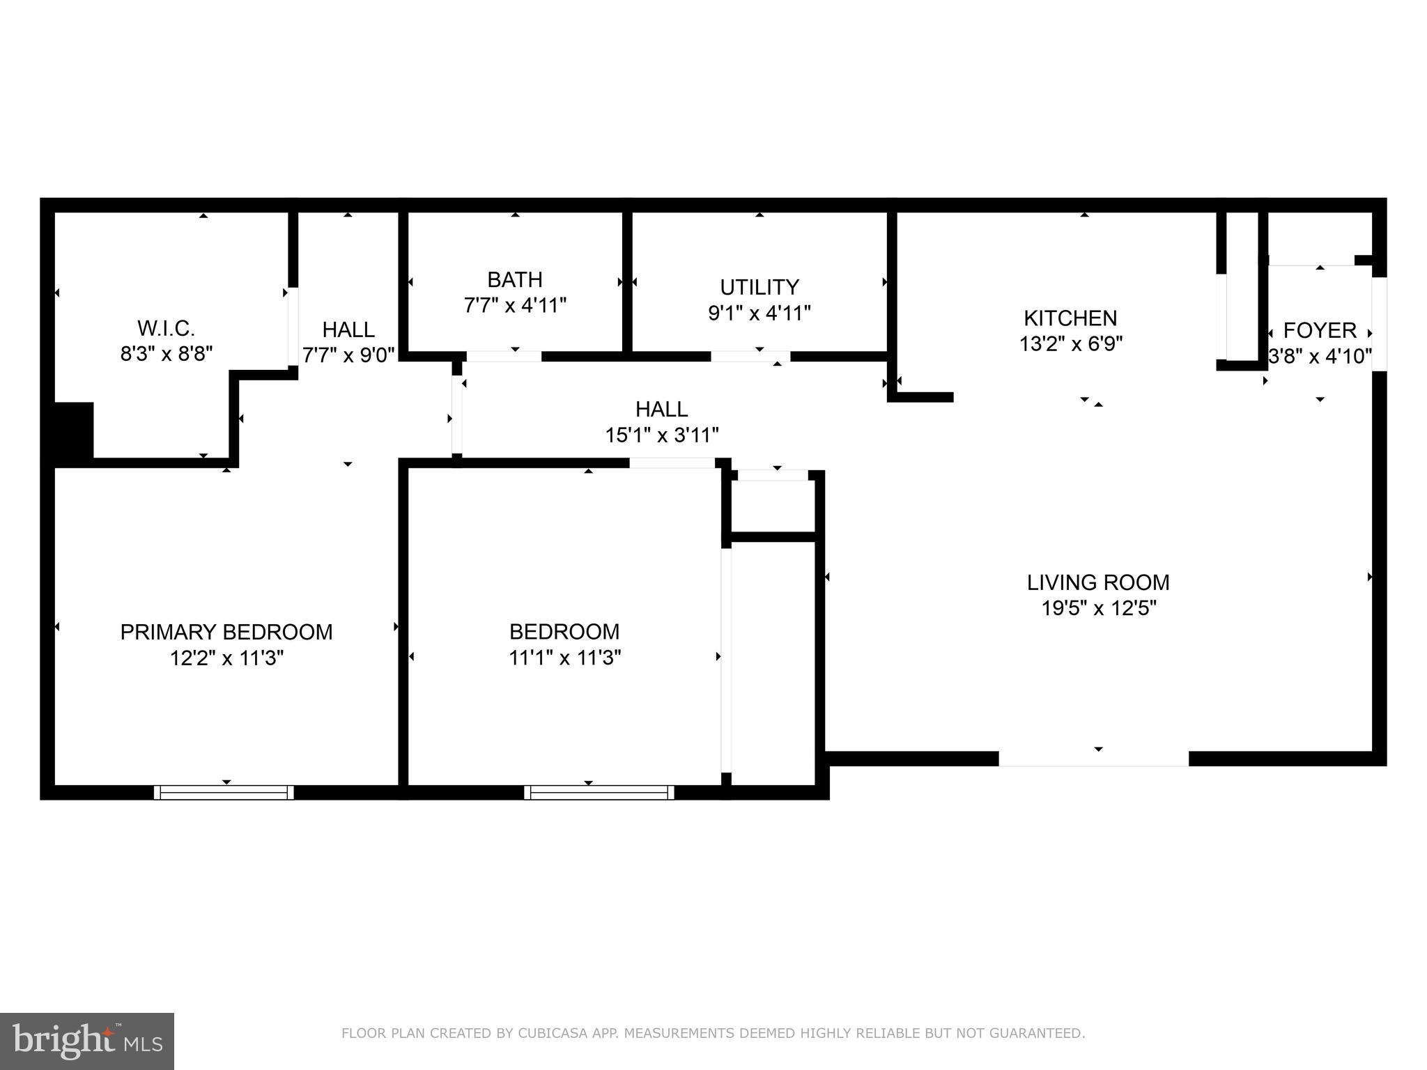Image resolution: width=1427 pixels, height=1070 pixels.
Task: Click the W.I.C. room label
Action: point(166,328)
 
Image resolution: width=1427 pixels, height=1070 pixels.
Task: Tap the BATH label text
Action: point(514,279)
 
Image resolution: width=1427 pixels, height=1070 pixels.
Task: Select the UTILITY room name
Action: point(759,287)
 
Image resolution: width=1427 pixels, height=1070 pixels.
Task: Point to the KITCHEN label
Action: point(1070,318)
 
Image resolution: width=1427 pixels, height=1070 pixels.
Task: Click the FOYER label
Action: point(1320,330)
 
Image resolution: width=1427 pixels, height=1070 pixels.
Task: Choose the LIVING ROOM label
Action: point(1098,582)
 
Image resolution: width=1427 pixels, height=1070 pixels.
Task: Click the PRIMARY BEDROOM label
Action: point(226,632)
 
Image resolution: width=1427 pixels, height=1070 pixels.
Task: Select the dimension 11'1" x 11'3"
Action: point(564,658)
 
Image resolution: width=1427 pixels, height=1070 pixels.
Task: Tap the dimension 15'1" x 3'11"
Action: point(661,435)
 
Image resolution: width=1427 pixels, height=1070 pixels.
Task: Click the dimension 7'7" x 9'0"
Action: point(348,354)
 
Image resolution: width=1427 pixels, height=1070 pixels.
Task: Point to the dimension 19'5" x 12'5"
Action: point(1098,608)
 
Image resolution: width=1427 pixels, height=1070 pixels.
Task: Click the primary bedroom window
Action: point(224,792)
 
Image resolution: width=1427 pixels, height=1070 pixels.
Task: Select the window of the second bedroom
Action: point(599,792)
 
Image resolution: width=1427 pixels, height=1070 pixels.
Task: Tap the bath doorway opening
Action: point(503,357)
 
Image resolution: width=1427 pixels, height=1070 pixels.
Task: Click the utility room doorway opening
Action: point(750,357)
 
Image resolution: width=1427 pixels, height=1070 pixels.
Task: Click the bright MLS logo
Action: point(86,1041)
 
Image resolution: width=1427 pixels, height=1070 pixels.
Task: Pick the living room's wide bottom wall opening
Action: point(1093,759)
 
